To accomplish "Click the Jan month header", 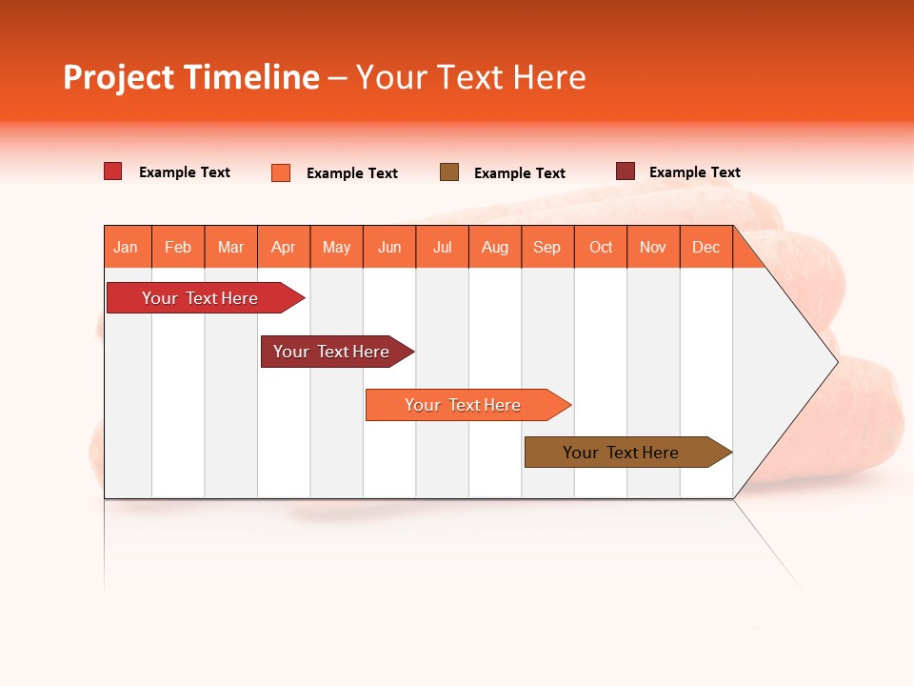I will click(x=126, y=247).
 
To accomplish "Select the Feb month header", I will click(x=178, y=247).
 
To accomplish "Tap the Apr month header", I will click(x=284, y=247).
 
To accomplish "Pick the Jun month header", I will click(x=389, y=247).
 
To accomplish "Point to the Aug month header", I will click(x=495, y=247).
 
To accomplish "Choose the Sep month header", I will click(x=547, y=247).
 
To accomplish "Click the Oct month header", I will click(x=601, y=247).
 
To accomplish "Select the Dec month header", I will click(x=706, y=247).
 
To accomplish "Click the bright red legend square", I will click(x=113, y=171).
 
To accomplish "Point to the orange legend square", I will click(x=281, y=172).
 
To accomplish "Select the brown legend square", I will click(x=449, y=171).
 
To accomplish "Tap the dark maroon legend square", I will click(x=626, y=171).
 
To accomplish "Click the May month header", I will click(x=336, y=247).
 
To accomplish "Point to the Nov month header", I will click(x=653, y=247).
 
